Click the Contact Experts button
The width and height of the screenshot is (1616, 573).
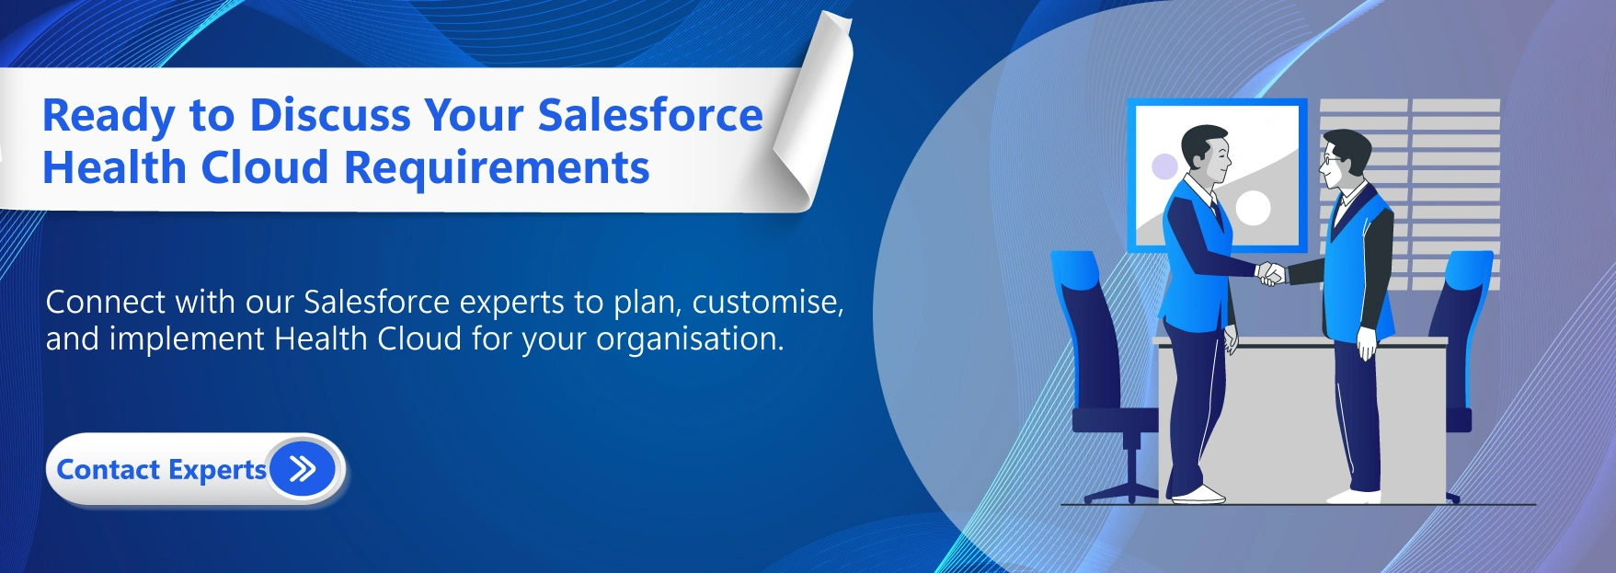pos(195,469)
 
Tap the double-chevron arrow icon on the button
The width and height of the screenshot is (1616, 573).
pos(303,469)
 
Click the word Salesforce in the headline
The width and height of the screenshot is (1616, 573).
pos(650,115)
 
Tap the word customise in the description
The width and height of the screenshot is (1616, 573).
pos(768,303)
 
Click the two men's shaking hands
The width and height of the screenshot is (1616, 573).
pos(1272,273)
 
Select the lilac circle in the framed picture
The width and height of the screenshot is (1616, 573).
pos(1164,166)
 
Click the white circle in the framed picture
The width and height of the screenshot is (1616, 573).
pos(1253,208)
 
